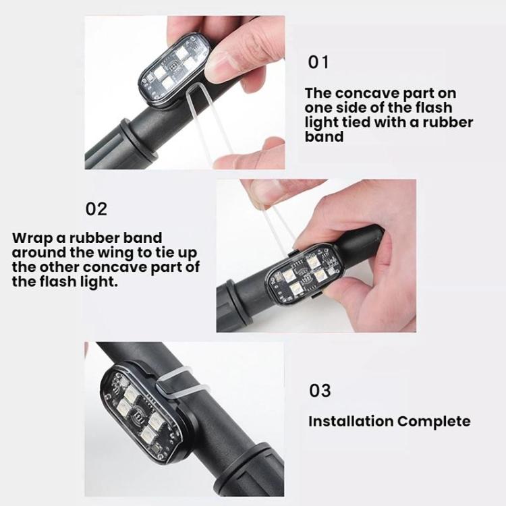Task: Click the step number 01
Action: (x=318, y=62)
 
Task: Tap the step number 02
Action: (x=96, y=208)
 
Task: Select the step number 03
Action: (x=320, y=390)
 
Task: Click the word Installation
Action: (x=350, y=421)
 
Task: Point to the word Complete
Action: (x=434, y=422)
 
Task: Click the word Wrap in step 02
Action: (x=32, y=239)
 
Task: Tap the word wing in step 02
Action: (x=115, y=253)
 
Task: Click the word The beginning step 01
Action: (x=318, y=93)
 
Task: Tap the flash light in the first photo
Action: (x=173, y=69)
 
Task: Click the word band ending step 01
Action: (x=324, y=136)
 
